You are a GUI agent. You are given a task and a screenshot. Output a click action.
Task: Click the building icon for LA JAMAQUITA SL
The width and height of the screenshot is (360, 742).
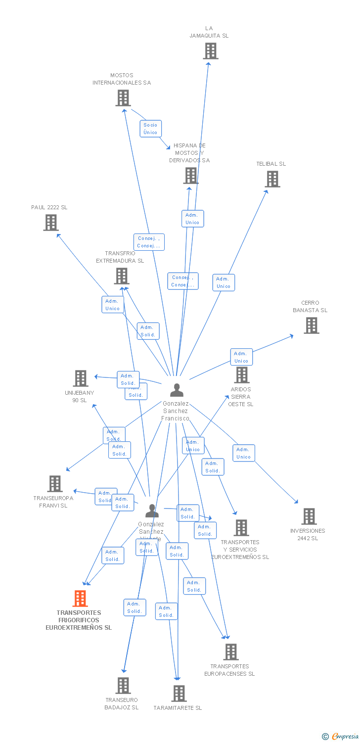point(211,51)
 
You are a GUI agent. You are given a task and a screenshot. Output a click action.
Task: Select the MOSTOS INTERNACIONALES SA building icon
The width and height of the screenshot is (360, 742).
point(123,98)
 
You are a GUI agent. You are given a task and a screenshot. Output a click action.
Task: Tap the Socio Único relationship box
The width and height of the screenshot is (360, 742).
point(150,129)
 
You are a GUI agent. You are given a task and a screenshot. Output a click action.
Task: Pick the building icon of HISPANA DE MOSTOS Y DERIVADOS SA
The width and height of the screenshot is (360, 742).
point(191,176)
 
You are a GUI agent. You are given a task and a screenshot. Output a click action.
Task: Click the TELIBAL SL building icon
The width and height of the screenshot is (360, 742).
point(272,179)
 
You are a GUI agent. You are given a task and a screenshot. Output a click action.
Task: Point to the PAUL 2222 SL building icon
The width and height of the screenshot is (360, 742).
point(51,223)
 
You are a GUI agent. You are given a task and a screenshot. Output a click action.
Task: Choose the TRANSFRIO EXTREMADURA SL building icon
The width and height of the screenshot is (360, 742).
point(122,276)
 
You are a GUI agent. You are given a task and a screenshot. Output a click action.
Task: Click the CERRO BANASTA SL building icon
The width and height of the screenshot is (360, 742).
point(312,325)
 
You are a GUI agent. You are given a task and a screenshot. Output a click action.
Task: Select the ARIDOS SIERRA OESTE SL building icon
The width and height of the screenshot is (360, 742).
point(242,375)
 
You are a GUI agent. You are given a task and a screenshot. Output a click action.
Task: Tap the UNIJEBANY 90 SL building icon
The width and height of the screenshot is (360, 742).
point(81,378)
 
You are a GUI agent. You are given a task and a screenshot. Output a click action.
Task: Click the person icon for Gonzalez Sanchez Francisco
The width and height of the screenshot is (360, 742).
point(177,390)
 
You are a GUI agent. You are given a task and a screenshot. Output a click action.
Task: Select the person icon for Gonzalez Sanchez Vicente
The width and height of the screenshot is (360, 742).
point(152,511)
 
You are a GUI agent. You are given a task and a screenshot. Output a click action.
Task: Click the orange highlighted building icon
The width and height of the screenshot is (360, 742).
point(80,599)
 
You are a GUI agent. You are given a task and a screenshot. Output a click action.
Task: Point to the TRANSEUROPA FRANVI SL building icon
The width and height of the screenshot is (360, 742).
point(55,484)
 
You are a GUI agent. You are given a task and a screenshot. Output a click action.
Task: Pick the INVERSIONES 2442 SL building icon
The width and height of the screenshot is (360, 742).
point(309,516)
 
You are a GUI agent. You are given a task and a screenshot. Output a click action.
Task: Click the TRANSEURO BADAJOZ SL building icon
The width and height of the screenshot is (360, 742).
point(123,686)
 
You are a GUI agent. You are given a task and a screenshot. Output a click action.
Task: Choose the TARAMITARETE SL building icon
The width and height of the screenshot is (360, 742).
point(179,694)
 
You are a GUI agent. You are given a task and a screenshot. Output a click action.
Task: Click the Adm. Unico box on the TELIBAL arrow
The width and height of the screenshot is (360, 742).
point(224,282)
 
